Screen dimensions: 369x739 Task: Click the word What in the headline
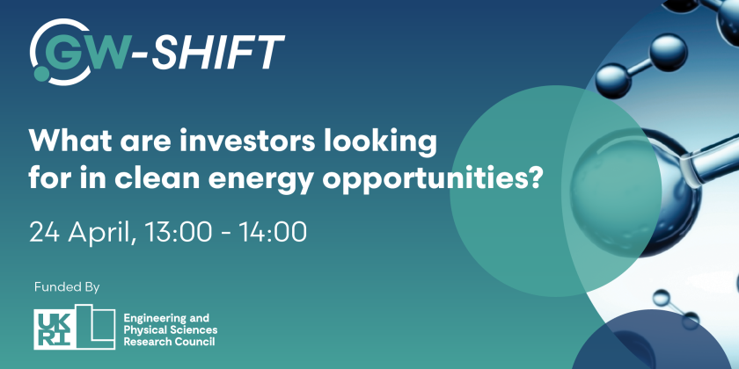point(70,141)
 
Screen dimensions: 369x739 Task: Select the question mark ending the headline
point(533,177)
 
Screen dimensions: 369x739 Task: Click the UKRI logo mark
point(75,327)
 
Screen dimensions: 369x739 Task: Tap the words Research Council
point(171,341)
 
